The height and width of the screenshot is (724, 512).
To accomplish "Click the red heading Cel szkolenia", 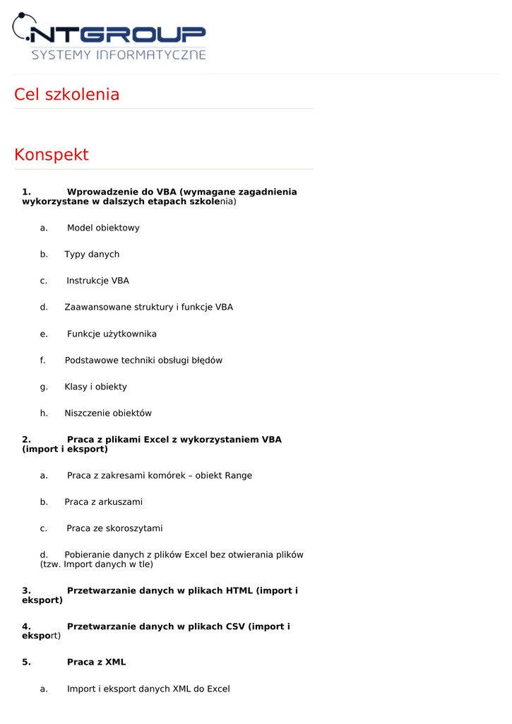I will click(66, 95).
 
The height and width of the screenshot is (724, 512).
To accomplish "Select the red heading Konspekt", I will click(52, 155).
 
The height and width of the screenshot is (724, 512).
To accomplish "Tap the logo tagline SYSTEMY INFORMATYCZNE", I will click(118, 54).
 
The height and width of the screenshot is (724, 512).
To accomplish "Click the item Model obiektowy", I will click(103, 228).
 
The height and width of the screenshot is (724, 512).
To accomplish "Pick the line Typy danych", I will click(92, 255).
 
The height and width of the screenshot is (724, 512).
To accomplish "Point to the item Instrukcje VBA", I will click(98, 281).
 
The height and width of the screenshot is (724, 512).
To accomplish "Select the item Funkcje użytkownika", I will click(112, 334).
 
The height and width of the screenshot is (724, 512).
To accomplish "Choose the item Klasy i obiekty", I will click(96, 387).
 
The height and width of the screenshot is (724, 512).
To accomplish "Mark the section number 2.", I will click(26, 440).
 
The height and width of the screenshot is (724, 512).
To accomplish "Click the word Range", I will click(238, 476).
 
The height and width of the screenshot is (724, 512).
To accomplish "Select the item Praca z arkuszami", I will click(104, 502).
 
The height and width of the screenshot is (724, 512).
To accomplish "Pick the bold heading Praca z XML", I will click(96, 662).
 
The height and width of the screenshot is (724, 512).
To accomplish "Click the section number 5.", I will click(26, 662).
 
